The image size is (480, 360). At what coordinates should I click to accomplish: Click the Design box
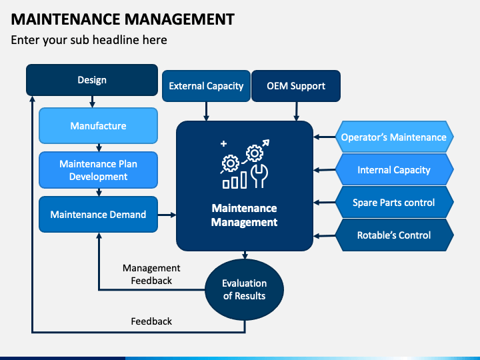click(x=92, y=80)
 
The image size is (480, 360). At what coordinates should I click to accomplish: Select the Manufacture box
click(x=98, y=125)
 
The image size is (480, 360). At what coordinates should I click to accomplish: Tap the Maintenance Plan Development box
click(x=98, y=170)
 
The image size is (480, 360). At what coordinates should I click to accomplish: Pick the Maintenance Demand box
click(x=98, y=214)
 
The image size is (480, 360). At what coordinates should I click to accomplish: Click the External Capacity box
click(x=206, y=86)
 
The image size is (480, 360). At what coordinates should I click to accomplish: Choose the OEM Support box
click(x=296, y=86)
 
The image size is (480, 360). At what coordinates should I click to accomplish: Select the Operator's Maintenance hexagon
click(x=394, y=137)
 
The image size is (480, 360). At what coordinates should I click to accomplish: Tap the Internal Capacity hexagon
click(x=394, y=169)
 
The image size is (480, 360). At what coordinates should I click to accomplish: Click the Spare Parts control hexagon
click(x=394, y=203)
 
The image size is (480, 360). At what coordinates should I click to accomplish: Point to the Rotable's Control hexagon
click(x=394, y=235)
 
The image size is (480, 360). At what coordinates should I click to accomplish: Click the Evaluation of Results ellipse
click(x=244, y=289)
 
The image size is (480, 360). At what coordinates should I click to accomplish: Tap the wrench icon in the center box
click(x=259, y=176)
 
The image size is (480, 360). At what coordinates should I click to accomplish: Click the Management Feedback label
click(x=151, y=274)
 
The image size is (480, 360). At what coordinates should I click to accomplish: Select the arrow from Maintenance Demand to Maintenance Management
click(x=167, y=215)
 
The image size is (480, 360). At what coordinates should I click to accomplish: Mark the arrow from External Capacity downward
click(x=206, y=111)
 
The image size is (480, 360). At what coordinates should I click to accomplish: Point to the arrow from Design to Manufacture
click(x=92, y=101)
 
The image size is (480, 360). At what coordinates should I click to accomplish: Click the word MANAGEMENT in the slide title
click(x=179, y=19)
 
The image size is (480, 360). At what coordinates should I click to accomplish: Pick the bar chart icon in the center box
click(x=235, y=180)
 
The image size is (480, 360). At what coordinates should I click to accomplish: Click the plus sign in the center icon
click(x=224, y=143)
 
